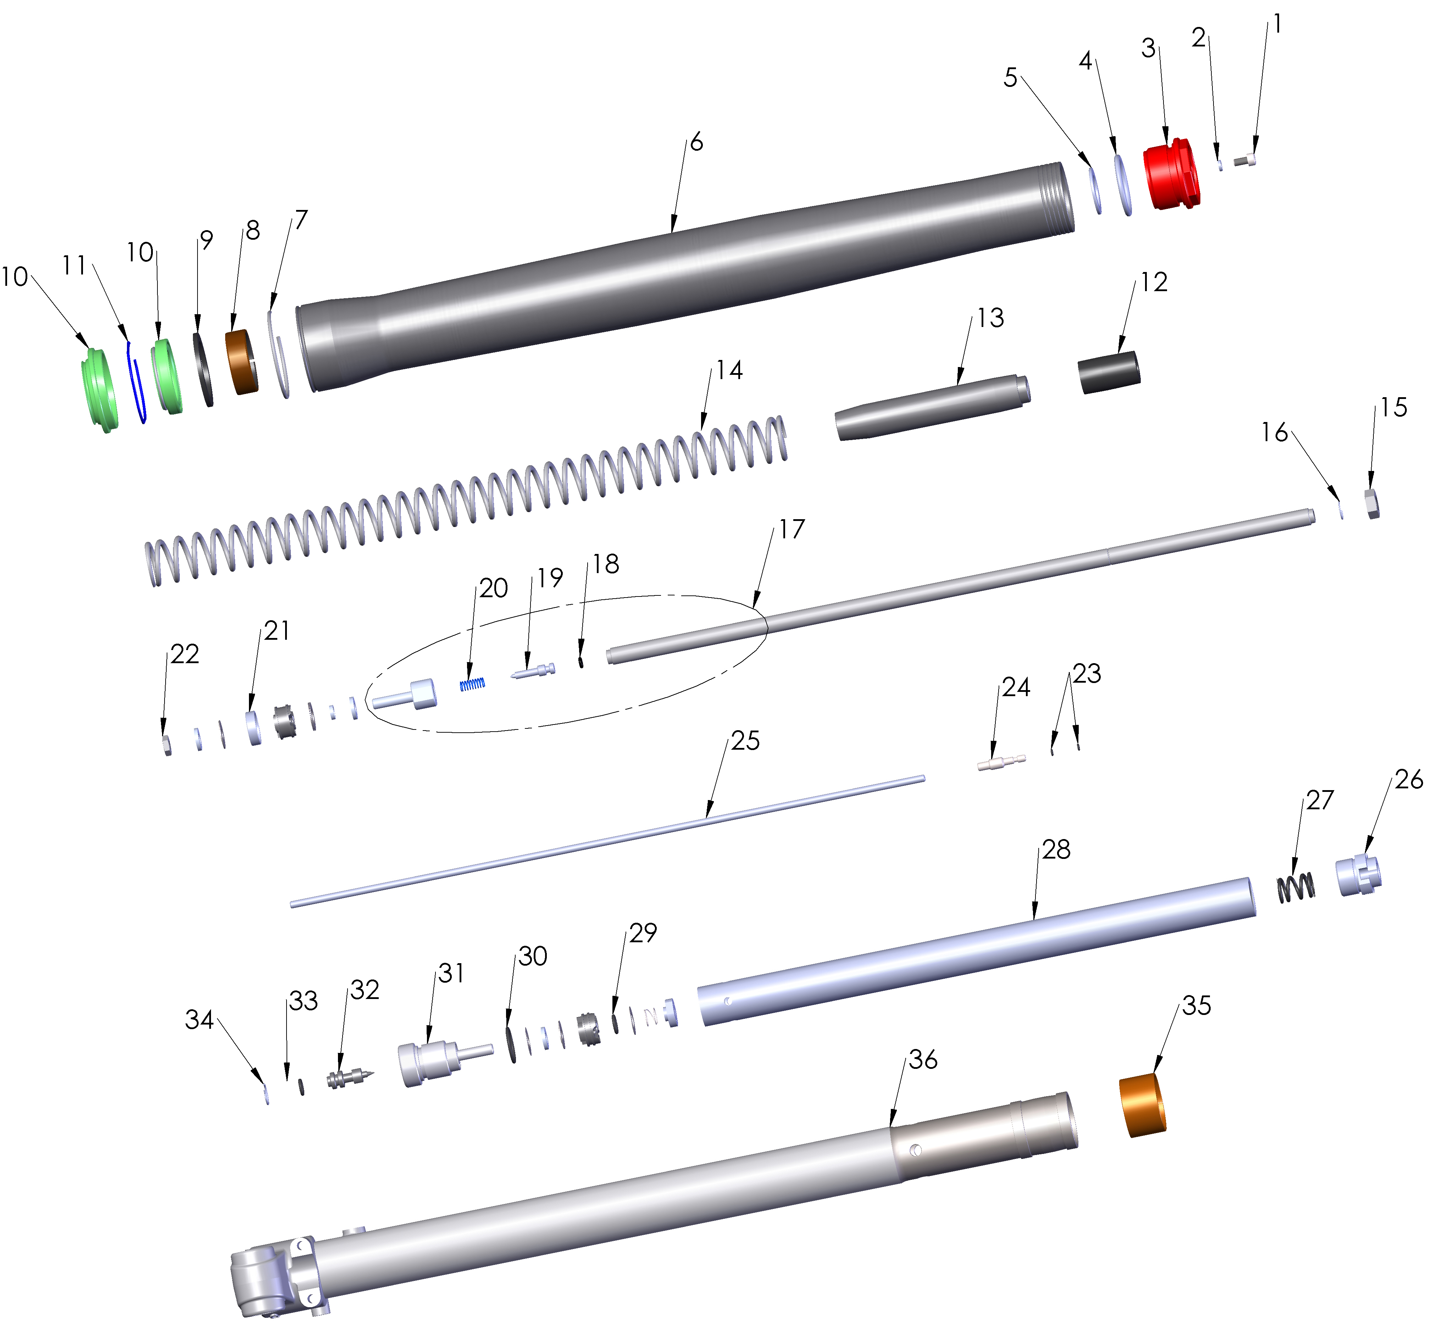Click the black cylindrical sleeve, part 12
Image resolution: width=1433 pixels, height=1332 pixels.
click(1109, 372)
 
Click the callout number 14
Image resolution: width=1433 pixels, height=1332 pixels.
click(729, 371)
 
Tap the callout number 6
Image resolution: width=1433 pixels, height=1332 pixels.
click(696, 142)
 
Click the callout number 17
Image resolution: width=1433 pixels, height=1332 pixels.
click(792, 529)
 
